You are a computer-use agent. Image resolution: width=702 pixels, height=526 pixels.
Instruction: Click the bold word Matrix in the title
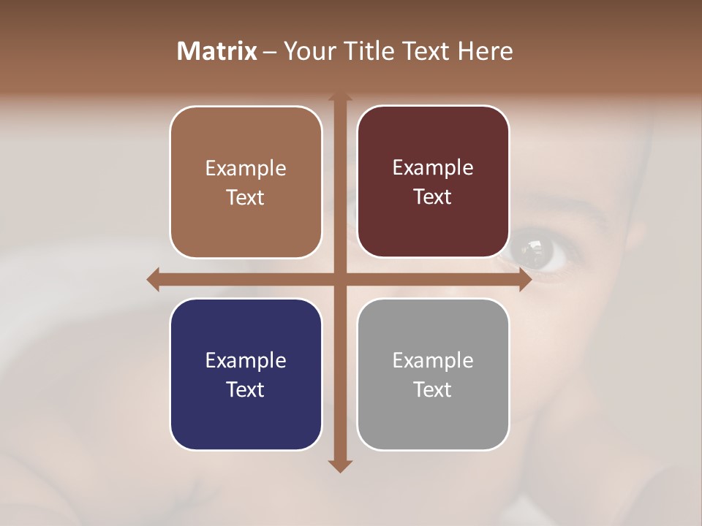coord(217,51)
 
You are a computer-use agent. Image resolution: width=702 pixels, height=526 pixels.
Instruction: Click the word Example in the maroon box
coord(433,168)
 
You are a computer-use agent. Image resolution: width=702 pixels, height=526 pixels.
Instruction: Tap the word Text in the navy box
coord(246,389)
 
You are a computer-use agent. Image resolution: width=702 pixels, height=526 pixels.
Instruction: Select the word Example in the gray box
coord(433,360)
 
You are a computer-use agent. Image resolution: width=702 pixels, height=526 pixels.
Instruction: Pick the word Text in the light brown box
coord(246,197)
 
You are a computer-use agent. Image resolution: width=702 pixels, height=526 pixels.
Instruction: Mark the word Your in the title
coord(306,51)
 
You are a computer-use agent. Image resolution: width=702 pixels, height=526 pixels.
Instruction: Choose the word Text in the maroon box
coord(433,197)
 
